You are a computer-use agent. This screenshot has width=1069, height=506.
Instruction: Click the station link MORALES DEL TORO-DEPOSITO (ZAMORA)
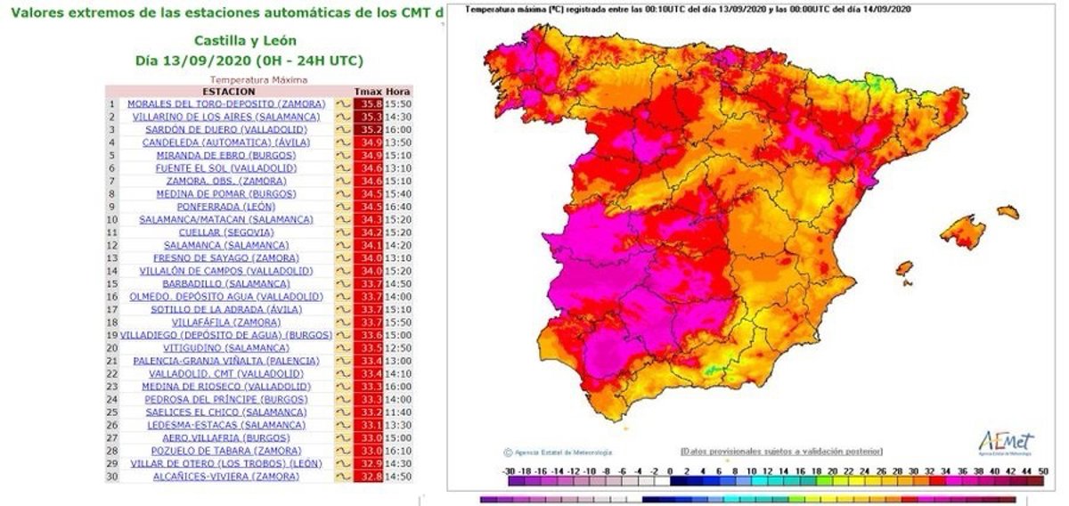(219, 104)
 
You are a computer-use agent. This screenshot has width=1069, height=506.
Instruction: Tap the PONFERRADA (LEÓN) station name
(219, 207)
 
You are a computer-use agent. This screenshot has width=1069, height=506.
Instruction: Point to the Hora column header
(399, 92)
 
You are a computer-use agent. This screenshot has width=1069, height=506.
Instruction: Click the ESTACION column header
(229, 92)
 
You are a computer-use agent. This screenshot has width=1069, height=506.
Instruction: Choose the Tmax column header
(368, 92)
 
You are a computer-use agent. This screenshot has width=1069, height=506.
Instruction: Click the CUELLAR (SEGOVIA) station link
(219, 233)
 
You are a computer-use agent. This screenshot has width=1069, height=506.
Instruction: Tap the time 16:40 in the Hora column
(399, 207)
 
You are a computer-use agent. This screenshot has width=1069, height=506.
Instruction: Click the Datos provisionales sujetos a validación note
(779, 451)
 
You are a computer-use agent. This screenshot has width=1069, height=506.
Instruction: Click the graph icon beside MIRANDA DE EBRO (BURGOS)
(342, 155)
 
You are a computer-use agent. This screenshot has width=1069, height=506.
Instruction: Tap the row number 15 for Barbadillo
(113, 283)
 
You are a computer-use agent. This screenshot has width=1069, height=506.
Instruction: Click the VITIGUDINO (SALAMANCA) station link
(219, 347)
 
